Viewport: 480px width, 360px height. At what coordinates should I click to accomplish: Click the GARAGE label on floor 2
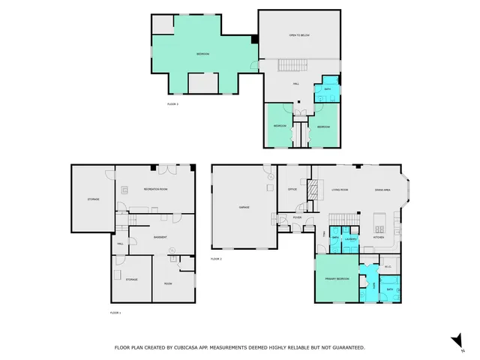coord(244,207)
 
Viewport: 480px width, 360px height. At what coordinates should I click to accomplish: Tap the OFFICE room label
coord(292,189)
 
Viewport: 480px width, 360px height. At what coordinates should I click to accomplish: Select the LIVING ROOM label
coord(340,190)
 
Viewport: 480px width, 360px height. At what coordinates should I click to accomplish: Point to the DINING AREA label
coord(382,190)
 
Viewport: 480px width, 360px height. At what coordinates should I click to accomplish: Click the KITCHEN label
coord(379,238)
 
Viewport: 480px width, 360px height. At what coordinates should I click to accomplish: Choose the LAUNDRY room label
coord(349,239)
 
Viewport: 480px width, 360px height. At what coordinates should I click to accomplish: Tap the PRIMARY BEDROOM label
coord(337,279)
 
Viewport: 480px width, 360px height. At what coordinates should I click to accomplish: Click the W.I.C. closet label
coord(387,267)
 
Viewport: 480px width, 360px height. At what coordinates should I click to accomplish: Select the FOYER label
coord(298,217)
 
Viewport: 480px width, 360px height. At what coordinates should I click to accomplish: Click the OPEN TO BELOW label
coord(300,36)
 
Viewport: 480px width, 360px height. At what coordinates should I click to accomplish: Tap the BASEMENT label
coord(160,238)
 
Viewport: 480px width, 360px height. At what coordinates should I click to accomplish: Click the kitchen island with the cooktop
coord(378,223)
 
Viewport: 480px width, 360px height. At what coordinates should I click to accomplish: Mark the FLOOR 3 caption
coord(172,104)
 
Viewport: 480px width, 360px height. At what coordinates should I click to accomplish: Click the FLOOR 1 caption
coord(115,312)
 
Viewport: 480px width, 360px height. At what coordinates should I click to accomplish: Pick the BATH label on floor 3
coord(328,90)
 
